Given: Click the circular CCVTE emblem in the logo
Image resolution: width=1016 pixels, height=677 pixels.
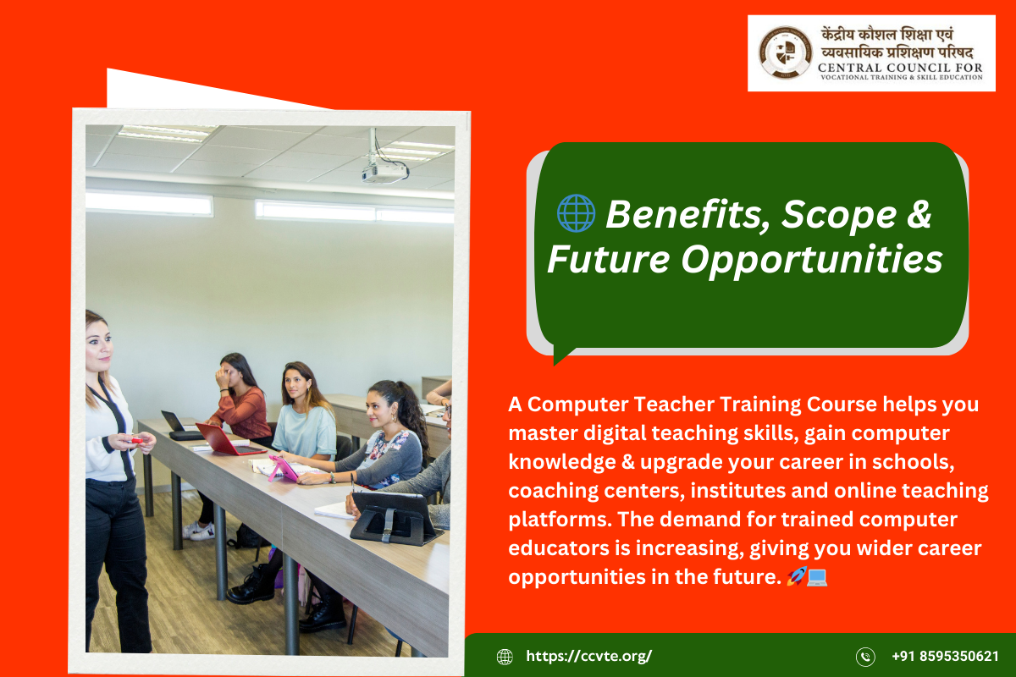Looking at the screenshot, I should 786,52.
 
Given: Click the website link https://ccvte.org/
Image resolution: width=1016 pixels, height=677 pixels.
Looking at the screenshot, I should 589,656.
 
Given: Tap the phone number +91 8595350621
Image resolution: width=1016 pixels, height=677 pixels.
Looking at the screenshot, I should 945,656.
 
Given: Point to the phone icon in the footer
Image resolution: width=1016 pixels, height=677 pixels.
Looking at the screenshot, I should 865,657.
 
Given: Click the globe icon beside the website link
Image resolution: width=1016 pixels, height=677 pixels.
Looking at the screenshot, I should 505,657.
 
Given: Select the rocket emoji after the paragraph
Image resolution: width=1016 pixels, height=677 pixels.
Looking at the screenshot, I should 796,577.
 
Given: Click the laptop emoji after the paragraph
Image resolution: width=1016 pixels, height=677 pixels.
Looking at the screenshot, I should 817,577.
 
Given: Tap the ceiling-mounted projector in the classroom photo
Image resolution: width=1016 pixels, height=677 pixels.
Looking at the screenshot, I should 385,172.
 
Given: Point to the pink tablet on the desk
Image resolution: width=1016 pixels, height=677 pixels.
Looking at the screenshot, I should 282,468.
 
